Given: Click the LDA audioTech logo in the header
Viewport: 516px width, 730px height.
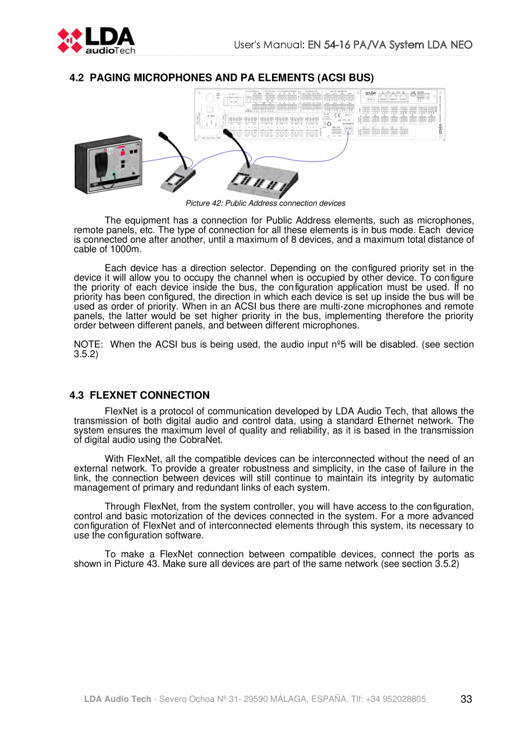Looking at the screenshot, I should tap(95, 40).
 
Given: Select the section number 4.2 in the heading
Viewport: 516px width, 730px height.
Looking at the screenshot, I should tap(77, 78).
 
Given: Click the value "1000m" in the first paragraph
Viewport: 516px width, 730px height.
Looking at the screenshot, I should tap(127, 249).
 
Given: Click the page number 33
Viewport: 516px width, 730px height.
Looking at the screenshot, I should tap(466, 699).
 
